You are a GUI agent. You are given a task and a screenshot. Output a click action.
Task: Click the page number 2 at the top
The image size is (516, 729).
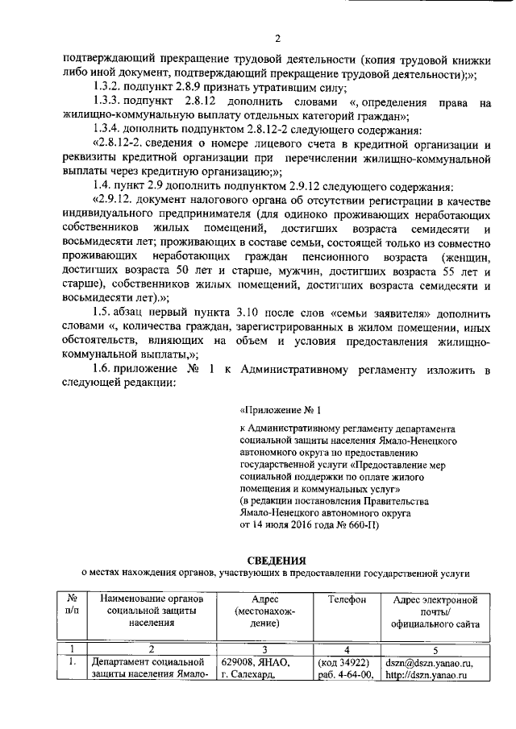[277, 38]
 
